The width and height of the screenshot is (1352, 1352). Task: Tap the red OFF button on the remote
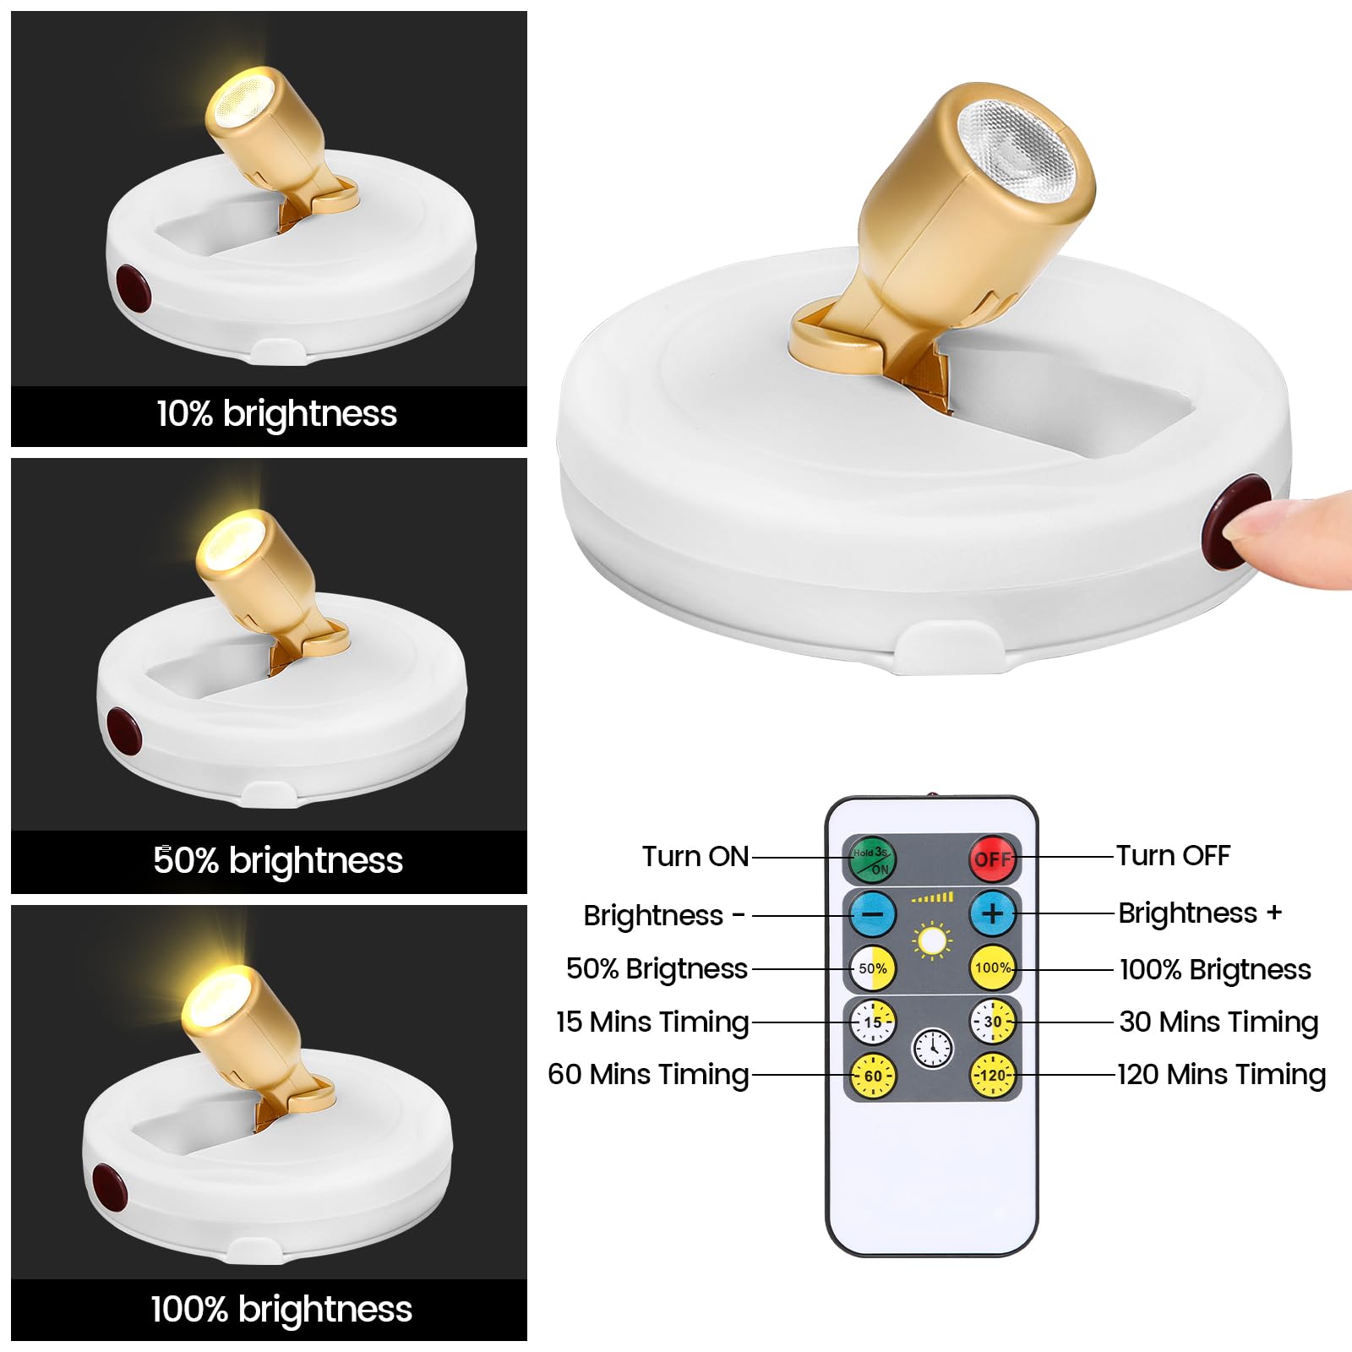[x=992, y=859]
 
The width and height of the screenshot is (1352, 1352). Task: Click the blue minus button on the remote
[x=873, y=913]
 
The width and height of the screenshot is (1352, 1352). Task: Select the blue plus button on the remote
[x=993, y=913]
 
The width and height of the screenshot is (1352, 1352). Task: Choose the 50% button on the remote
[x=873, y=968]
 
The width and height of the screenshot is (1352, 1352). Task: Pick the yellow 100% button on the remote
[x=993, y=968]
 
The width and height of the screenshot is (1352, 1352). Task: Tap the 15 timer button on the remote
[x=873, y=1022]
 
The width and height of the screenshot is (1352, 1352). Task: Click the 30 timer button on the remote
[x=993, y=1022]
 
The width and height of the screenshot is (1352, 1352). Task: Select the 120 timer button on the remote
[x=993, y=1076]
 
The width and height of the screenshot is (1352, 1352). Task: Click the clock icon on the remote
[x=933, y=1049]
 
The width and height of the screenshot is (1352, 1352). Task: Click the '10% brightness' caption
[x=276, y=414]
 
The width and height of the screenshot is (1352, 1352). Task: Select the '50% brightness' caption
[x=278, y=860]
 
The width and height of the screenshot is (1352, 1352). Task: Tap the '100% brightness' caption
[x=281, y=1309]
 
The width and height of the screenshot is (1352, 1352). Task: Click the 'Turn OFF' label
[x=1173, y=855]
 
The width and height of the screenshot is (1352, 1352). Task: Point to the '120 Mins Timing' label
[x=1221, y=1075]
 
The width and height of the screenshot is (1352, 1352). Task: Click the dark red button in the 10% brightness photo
[x=133, y=287]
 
